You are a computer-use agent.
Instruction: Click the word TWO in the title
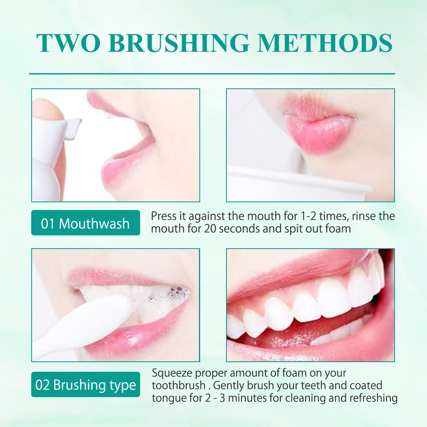68,43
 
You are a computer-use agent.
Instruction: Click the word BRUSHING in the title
179,43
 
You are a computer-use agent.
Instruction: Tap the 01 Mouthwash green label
85,223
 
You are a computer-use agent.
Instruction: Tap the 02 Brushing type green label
85,385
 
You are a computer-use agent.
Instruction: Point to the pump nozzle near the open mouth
72,128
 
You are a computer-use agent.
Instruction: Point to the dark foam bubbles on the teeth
176,292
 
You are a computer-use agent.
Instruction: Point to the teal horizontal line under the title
212,73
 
